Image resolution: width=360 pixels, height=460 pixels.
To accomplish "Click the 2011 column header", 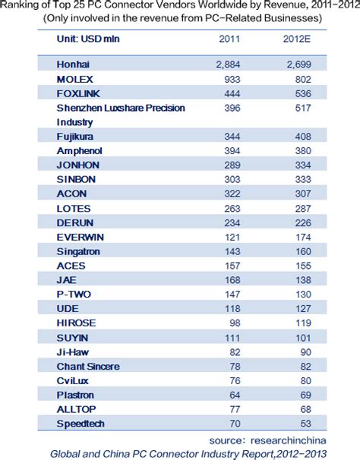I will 229,39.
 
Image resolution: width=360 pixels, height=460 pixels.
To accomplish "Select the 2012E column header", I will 295,39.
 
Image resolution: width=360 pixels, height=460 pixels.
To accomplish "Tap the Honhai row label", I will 73,65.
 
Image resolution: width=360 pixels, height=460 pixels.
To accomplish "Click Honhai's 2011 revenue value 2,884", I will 228,65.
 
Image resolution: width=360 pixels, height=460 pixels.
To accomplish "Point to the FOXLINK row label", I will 80,93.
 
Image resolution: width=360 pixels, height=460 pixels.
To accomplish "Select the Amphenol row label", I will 79,150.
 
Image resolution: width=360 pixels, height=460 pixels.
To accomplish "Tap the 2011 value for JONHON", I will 232,165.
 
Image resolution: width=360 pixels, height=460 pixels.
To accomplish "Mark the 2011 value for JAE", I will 232,279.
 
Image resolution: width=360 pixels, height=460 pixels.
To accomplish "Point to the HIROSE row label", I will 76,322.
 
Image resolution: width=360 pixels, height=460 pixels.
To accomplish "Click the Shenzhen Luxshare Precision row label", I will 120,108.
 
